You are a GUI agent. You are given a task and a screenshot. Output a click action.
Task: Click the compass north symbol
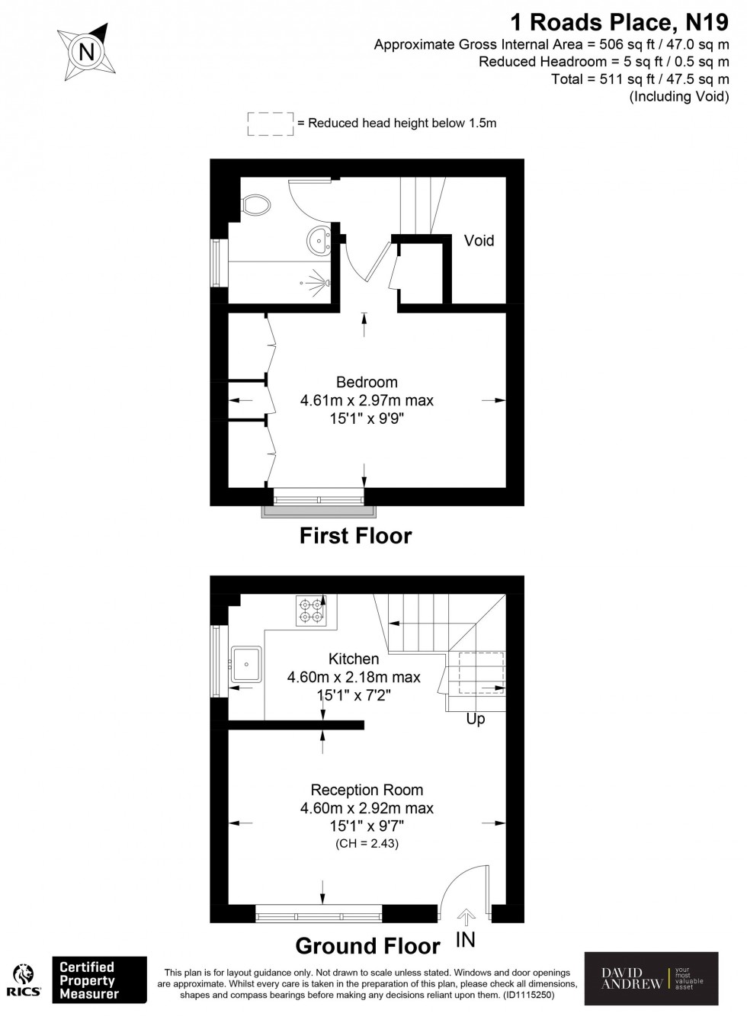(87, 52)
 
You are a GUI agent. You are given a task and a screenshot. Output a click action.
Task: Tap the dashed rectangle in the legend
(270, 123)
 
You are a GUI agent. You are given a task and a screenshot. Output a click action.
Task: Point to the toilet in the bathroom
(255, 204)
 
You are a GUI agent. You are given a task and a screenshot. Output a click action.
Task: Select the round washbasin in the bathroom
(319, 240)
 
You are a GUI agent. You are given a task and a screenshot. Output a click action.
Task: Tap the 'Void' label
(479, 241)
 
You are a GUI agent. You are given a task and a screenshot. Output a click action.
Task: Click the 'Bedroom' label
(367, 382)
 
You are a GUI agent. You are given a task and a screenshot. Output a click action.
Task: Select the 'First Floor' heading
(355, 536)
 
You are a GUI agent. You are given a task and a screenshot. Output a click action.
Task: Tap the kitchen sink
(246, 664)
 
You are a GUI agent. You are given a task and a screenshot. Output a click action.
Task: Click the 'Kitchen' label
(353, 659)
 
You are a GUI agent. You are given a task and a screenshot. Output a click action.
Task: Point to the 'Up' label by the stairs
(475, 719)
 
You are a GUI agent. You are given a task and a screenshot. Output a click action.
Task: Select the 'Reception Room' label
(367, 790)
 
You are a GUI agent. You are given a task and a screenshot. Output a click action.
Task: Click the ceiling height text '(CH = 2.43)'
(367, 843)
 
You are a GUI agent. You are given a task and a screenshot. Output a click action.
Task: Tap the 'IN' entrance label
(465, 940)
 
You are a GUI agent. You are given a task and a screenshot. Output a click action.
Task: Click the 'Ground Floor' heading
(367, 946)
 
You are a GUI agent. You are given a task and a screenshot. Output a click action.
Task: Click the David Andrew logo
(651, 978)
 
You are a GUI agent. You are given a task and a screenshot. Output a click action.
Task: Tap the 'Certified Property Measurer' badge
(98, 980)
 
